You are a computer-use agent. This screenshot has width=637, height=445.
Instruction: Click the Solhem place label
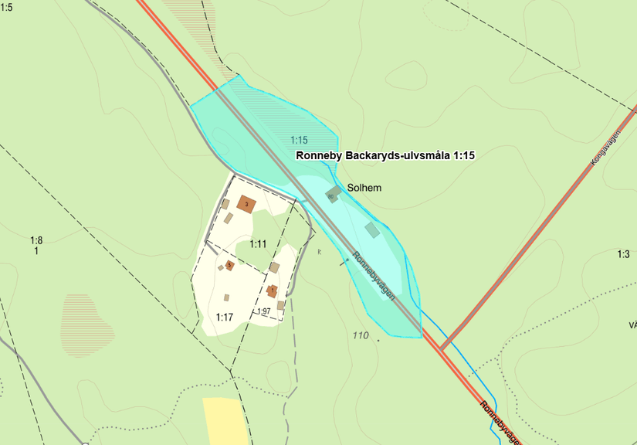364,188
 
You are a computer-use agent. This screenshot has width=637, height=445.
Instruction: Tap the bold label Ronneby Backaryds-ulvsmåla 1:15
385,155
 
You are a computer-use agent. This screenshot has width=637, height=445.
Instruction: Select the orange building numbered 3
246,204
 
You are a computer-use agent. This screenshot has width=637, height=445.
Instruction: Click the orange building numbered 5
229,265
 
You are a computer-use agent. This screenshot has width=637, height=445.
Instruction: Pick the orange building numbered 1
272,291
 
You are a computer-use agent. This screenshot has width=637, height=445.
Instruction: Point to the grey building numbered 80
333,194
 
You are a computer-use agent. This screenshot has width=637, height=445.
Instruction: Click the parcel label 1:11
258,244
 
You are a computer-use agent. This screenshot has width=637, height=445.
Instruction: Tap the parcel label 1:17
225,317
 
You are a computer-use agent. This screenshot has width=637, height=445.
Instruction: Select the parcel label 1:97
263,311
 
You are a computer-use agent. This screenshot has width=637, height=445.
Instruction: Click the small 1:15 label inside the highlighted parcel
300,140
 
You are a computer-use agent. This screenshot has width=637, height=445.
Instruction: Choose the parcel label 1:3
624,254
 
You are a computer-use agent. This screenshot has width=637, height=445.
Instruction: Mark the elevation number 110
360,335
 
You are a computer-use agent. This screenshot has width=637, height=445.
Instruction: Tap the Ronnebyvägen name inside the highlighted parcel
374,276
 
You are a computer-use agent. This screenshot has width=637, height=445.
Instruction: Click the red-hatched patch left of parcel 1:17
87,318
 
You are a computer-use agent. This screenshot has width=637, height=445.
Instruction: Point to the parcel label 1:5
6,8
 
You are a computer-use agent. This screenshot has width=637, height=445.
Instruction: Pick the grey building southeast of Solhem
372,229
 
